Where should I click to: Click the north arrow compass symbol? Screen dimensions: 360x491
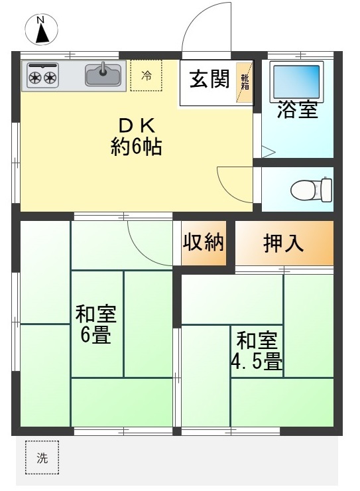point(41,30)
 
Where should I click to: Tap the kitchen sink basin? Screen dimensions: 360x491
point(103,75)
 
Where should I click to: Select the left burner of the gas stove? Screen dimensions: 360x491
point(34,77)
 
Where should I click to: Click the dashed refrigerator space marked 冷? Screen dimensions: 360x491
point(146,75)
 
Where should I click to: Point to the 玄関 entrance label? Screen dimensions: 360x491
point(210,79)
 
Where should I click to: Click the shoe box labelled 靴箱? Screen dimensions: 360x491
point(244,83)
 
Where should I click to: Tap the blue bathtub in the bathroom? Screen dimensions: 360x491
point(296,82)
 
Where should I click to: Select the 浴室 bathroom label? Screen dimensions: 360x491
point(298,109)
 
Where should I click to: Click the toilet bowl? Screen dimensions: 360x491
point(311,190)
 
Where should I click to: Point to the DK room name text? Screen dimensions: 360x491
point(137,126)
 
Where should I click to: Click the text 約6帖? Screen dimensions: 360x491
point(137,147)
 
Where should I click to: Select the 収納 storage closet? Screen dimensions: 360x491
point(204,244)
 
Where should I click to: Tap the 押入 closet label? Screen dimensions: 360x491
point(283,244)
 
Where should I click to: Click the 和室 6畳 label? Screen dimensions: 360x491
point(96,324)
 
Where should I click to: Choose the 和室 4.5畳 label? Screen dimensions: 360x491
point(257,351)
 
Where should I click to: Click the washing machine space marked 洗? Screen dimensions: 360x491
point(42,458)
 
